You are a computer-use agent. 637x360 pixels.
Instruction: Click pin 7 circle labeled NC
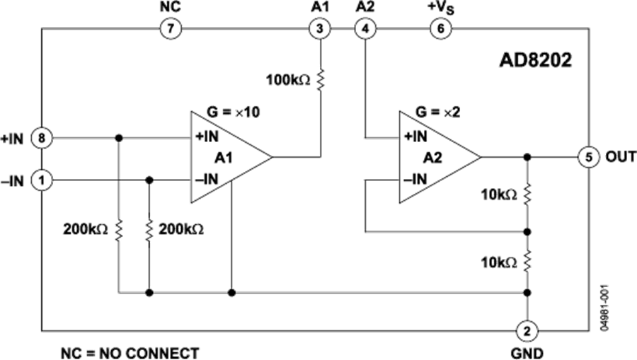[171, 28]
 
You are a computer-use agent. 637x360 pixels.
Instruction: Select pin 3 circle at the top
[320, 28]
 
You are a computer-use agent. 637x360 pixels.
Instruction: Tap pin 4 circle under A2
[365, 28]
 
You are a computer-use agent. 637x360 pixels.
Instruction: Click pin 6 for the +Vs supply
[440, 28]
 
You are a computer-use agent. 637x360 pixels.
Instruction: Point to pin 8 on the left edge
[42, 139]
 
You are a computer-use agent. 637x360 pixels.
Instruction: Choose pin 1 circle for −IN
[42, 180]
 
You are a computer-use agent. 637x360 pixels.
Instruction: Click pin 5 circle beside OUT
[589, 157]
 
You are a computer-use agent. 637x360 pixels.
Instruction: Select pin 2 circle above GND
[527, 331]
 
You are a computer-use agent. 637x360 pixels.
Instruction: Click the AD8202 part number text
[536, 61]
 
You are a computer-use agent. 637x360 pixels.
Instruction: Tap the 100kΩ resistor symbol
[320, 79]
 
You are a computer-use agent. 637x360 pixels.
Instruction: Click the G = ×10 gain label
[233, 112]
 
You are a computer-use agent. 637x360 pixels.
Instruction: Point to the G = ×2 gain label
[438, 112]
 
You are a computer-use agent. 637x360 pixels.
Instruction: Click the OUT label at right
[621, 157]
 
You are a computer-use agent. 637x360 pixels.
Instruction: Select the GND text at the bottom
[527, 353]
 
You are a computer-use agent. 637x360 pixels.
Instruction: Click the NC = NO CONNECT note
[130, 353]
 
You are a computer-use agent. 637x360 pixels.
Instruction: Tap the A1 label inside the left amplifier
[224, 158]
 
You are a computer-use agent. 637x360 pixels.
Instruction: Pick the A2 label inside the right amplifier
[432, 158]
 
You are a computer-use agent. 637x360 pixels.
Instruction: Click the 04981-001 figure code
[604, 308]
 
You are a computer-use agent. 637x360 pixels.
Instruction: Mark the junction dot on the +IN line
[119, 139]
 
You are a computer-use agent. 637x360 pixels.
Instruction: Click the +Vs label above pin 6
[440, 8]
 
